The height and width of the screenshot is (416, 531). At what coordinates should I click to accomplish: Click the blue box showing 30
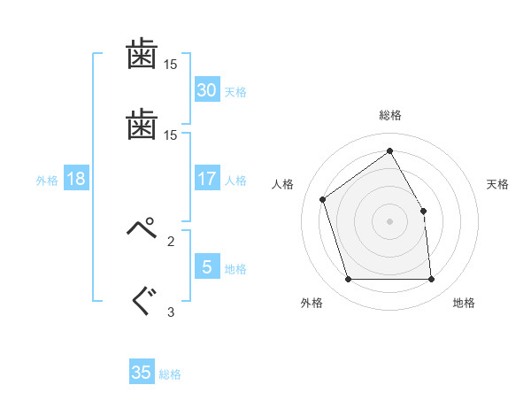pyautogui.click(x=207, y=89)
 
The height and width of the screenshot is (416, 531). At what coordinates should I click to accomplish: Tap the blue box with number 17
pyautogui.click(x=207, y=178)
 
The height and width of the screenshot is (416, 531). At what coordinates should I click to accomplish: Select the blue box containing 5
pyautogui.click(x=207, y=266)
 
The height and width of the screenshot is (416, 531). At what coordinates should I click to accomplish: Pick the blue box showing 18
pyautogui.click(x=76, y=178)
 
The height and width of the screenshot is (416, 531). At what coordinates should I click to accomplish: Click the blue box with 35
pyautogui.click(x=142, y=371)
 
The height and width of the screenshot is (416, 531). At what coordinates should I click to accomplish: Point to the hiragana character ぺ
pyautogui.click(x=142, y=227)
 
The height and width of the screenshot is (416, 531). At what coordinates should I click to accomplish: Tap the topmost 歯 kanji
pyautogui.click(x=142, y=53)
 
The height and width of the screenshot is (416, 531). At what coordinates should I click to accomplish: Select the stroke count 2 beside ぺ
pyautogui.click(x=171, y=242)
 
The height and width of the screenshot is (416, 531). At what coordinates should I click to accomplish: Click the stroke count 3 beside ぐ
pyautogui.click(x=171, y=312)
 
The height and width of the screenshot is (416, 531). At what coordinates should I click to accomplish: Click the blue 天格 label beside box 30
pyautogui.click(x=235, y=92)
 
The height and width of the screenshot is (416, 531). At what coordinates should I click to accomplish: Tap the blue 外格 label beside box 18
pyautogui.click(x=47, y=181)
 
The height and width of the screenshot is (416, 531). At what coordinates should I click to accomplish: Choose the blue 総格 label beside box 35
pyautogui.click(x=170, y=374)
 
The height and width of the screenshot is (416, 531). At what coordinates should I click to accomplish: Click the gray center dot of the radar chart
pyautogui.click(x=389, y=221)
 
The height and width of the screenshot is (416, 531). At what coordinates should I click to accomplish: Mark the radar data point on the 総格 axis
pyautogui.click(x=389, y=150)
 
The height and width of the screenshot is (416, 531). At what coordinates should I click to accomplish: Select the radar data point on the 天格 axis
pyautogui.click(x=423, y=211)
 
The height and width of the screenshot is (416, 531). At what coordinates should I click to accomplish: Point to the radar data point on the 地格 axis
pyautogui.click(x=431, y=279)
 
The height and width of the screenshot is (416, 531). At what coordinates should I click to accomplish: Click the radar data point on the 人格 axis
pyautogui.click(x=323, y=199)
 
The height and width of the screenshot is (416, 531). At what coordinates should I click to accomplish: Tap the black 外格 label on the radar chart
pyautogui.click(x=312, y=303)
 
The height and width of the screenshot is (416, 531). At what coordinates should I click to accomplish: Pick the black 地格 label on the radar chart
pyautogui.click(x=464, y=303)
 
